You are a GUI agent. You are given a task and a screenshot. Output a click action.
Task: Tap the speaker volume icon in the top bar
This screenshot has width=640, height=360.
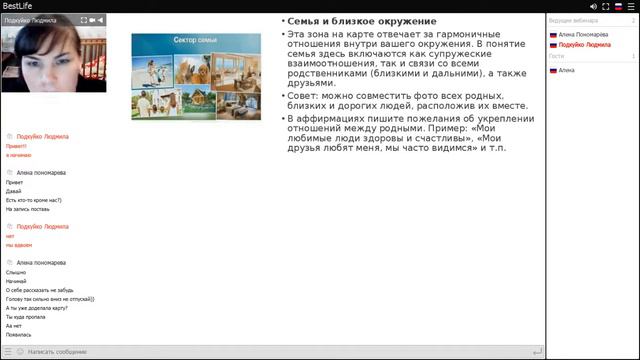[x=594, y=6]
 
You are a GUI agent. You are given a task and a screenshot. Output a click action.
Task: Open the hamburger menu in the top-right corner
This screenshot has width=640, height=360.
[x=631, y=6]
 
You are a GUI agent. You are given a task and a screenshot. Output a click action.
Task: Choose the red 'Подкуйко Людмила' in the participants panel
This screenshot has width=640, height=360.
[x=586, y=45]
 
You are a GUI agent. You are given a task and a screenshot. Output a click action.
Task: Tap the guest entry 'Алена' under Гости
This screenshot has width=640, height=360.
[x=567, y=70]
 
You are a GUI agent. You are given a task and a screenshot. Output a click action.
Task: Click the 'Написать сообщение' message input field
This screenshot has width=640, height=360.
[x=60, y=352]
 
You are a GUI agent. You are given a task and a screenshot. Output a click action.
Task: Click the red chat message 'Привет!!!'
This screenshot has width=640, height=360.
[x=16, y=146]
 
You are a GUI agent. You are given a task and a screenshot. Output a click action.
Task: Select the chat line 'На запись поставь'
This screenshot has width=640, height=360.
[x=28, y=209]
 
